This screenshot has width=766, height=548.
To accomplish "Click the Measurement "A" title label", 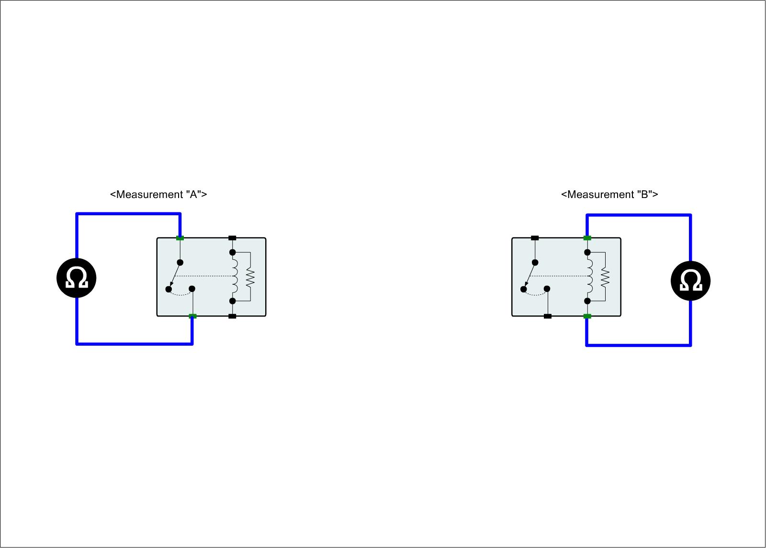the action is click(158, 195).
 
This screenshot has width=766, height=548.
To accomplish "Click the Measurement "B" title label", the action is click(609, 195).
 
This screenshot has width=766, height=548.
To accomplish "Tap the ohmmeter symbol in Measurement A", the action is click(77, 278).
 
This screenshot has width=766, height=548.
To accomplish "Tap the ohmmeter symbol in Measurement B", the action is click(690, 281).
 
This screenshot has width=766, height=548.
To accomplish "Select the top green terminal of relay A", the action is click(180, 238).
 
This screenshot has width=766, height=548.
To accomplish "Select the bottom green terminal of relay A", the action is click(192, 316).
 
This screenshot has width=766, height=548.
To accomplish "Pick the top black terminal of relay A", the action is click(232, 238).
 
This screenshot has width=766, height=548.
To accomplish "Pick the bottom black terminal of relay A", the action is click(232, 316).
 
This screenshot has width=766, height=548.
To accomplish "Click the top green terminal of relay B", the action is click(587, 238).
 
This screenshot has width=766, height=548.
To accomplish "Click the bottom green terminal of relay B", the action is click(587, 316).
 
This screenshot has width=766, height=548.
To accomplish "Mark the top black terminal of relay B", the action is click(535, 238).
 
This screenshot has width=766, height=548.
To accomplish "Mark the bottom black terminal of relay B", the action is click(548, 316).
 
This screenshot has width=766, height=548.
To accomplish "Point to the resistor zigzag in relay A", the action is click(250, 277).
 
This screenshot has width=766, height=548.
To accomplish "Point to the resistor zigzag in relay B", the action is click(605, 277).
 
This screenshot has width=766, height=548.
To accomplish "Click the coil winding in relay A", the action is click(235, 277).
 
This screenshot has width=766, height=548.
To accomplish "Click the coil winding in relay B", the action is click(590, 277).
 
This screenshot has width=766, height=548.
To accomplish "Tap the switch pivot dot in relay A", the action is click(180, 262).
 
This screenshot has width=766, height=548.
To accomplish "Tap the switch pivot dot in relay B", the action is click(535, 262).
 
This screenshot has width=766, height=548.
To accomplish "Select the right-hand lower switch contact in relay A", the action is click(192, 289).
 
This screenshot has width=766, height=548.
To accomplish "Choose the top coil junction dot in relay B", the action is click(587, 252).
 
